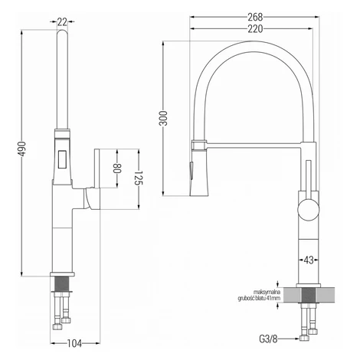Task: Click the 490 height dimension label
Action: click(x=22, y=149)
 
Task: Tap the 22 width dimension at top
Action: click(x=62, y=22)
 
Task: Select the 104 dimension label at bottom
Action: click(x=74, y=343)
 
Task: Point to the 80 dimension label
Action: click(x=117, y=169)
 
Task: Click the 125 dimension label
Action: click(x=139, y=178)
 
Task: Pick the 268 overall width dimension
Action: click(x=255, y=17)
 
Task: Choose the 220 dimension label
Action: click(x=255, y=29)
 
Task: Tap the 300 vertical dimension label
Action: click(x=163, y=118)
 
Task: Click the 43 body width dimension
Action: click(x=309, y=260)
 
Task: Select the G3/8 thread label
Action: click(x=268, y=339)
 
